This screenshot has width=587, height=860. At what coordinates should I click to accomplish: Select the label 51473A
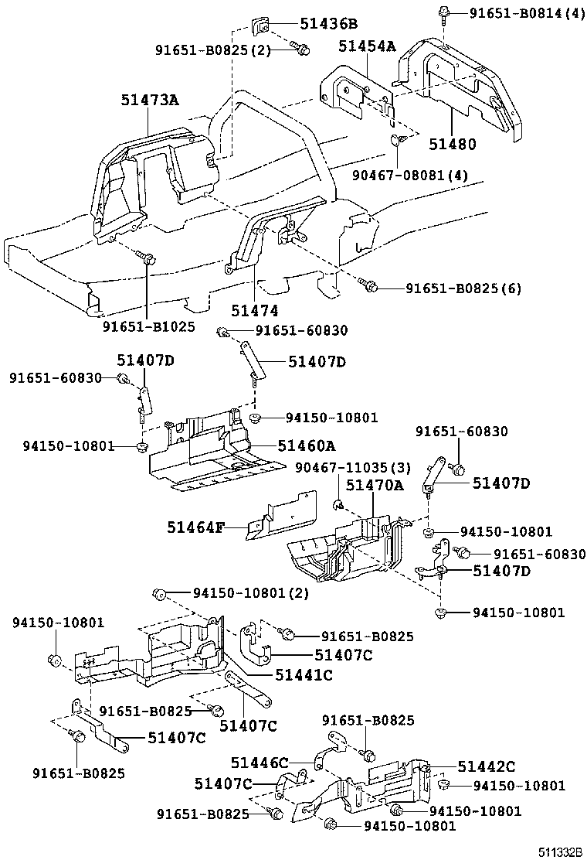point(150,100)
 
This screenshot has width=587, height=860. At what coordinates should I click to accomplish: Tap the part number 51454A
point(367,47)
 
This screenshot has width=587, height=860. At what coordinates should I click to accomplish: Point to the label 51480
point(453,144)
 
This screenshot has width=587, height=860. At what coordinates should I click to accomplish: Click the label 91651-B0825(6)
point(463,288)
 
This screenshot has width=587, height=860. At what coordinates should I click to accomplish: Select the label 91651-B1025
point(149,327)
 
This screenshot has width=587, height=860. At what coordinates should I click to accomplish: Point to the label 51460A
point(307,446)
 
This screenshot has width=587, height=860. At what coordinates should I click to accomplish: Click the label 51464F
point(195,528)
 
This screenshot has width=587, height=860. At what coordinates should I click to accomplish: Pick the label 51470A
point(374,485)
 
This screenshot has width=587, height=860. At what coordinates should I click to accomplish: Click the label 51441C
point(303,675)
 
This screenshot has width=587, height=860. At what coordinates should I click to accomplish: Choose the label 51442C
point(486,766)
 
